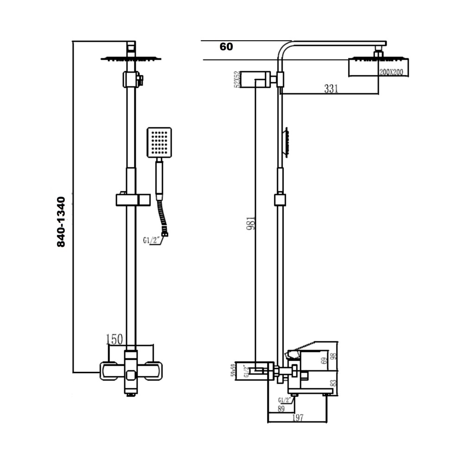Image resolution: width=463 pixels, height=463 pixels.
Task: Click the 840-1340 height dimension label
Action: tap(62, 221)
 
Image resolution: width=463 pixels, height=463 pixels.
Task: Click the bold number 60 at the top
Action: tap(226, 47)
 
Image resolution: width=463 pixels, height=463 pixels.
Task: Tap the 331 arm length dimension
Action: tap(331, 89)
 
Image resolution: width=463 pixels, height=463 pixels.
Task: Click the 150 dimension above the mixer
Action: tap(114, 339)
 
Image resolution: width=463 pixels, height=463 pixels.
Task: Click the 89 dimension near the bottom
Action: tap(281, 408)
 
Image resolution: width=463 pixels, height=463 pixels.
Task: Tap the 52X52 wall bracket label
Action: tap(237, 79)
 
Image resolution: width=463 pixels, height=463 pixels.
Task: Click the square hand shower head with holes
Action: tap(159, 142)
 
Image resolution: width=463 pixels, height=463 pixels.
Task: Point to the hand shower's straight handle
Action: tap(159, 178)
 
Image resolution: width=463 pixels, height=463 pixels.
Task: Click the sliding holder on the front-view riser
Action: tap(133, 200)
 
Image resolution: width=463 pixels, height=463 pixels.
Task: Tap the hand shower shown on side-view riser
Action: tap(287, 143)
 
